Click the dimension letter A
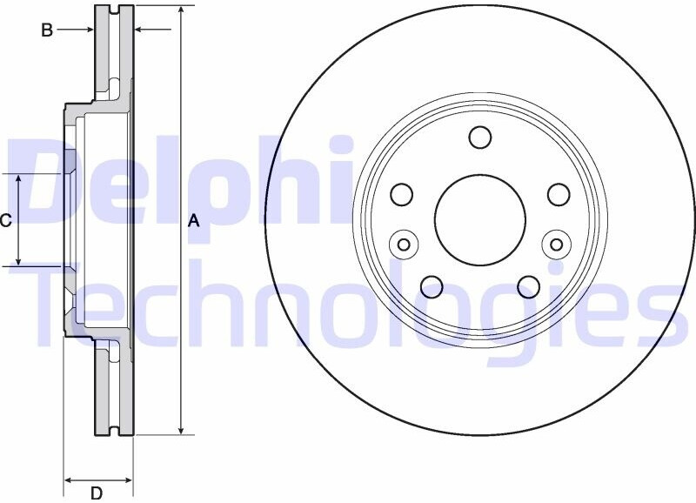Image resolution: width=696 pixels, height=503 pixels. coord(193,221)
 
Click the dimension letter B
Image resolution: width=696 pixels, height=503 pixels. coord(47,30)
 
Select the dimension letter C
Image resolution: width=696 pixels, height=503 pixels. coord(5,221)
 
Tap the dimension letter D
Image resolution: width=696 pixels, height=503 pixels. coord(97,493)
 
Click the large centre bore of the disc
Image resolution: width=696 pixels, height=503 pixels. coord(480,220)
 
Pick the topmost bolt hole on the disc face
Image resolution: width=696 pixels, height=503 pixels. coord(480,137)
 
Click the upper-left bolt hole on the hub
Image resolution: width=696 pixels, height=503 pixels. coord(402,194)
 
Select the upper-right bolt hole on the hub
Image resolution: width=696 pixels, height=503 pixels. coord(559,194)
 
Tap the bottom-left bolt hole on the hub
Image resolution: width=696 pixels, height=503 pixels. coord(432,287)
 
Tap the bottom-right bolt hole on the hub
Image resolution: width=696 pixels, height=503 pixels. coord(529,287)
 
